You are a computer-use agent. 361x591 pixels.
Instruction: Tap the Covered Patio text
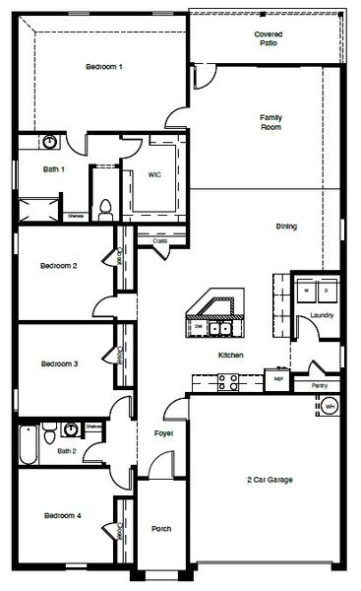[269, 38]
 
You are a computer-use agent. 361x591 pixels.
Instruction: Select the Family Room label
[271, 122]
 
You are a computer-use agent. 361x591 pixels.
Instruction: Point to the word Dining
[286, 227]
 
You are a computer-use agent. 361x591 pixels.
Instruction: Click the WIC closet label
[154, 174]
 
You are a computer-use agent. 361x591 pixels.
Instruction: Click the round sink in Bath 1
[49, 142]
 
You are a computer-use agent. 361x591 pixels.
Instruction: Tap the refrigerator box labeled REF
[278, 377]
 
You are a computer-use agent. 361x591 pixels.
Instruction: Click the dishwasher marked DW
[199, 325]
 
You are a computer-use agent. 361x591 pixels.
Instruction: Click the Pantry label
[320, 385]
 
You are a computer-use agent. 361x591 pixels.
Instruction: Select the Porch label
[161, 529]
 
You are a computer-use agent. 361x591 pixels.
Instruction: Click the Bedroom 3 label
[59, 363]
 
